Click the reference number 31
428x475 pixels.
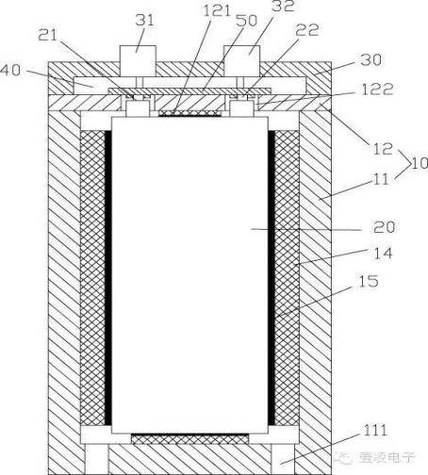(x=145, y=21)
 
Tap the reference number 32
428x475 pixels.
(x=283, y=6)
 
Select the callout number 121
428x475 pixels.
(x=217, y=10)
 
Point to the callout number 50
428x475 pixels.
(x=246, y=21)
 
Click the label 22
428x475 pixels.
(x=306, y=30)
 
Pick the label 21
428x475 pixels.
(x=48, y=35)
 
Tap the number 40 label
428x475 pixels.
(x=10, y=70)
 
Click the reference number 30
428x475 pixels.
(x=370, y=59)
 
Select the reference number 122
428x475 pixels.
(x=377, y=90)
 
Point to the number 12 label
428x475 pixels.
(x=383, y=149)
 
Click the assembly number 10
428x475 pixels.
(x=420, y=163)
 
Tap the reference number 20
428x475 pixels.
(x=384, y=227)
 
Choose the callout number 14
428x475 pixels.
(x=383, y=254)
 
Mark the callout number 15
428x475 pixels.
(x=369, y=281)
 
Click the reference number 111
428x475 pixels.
(x=375, y=431)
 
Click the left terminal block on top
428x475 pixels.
(x=138, y=61)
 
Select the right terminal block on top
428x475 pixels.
(x=241, y=61)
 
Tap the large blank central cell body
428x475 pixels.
(x=189, y=275)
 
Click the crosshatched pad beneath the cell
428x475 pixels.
(x=189, y=439)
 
